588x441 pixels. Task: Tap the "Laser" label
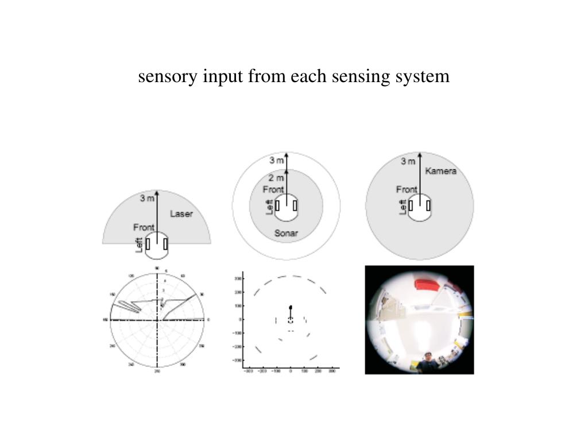click(181, 214)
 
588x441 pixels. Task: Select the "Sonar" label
click(285, 233)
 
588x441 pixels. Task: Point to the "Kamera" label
click(440, 171)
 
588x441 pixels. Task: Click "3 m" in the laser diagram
click(148, 199)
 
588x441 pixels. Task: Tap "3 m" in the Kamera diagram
click(408, 161)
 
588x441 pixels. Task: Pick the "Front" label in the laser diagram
click(144, 227)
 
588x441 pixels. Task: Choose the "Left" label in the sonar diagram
click(269, 207)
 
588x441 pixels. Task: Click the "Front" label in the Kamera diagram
click(407, 189)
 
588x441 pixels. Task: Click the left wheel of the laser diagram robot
click(148, 243)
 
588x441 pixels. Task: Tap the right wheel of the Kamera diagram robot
click(428, 205)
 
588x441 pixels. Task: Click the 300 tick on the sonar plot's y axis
click(237, 278)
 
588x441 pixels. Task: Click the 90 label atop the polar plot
click(157, 268)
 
